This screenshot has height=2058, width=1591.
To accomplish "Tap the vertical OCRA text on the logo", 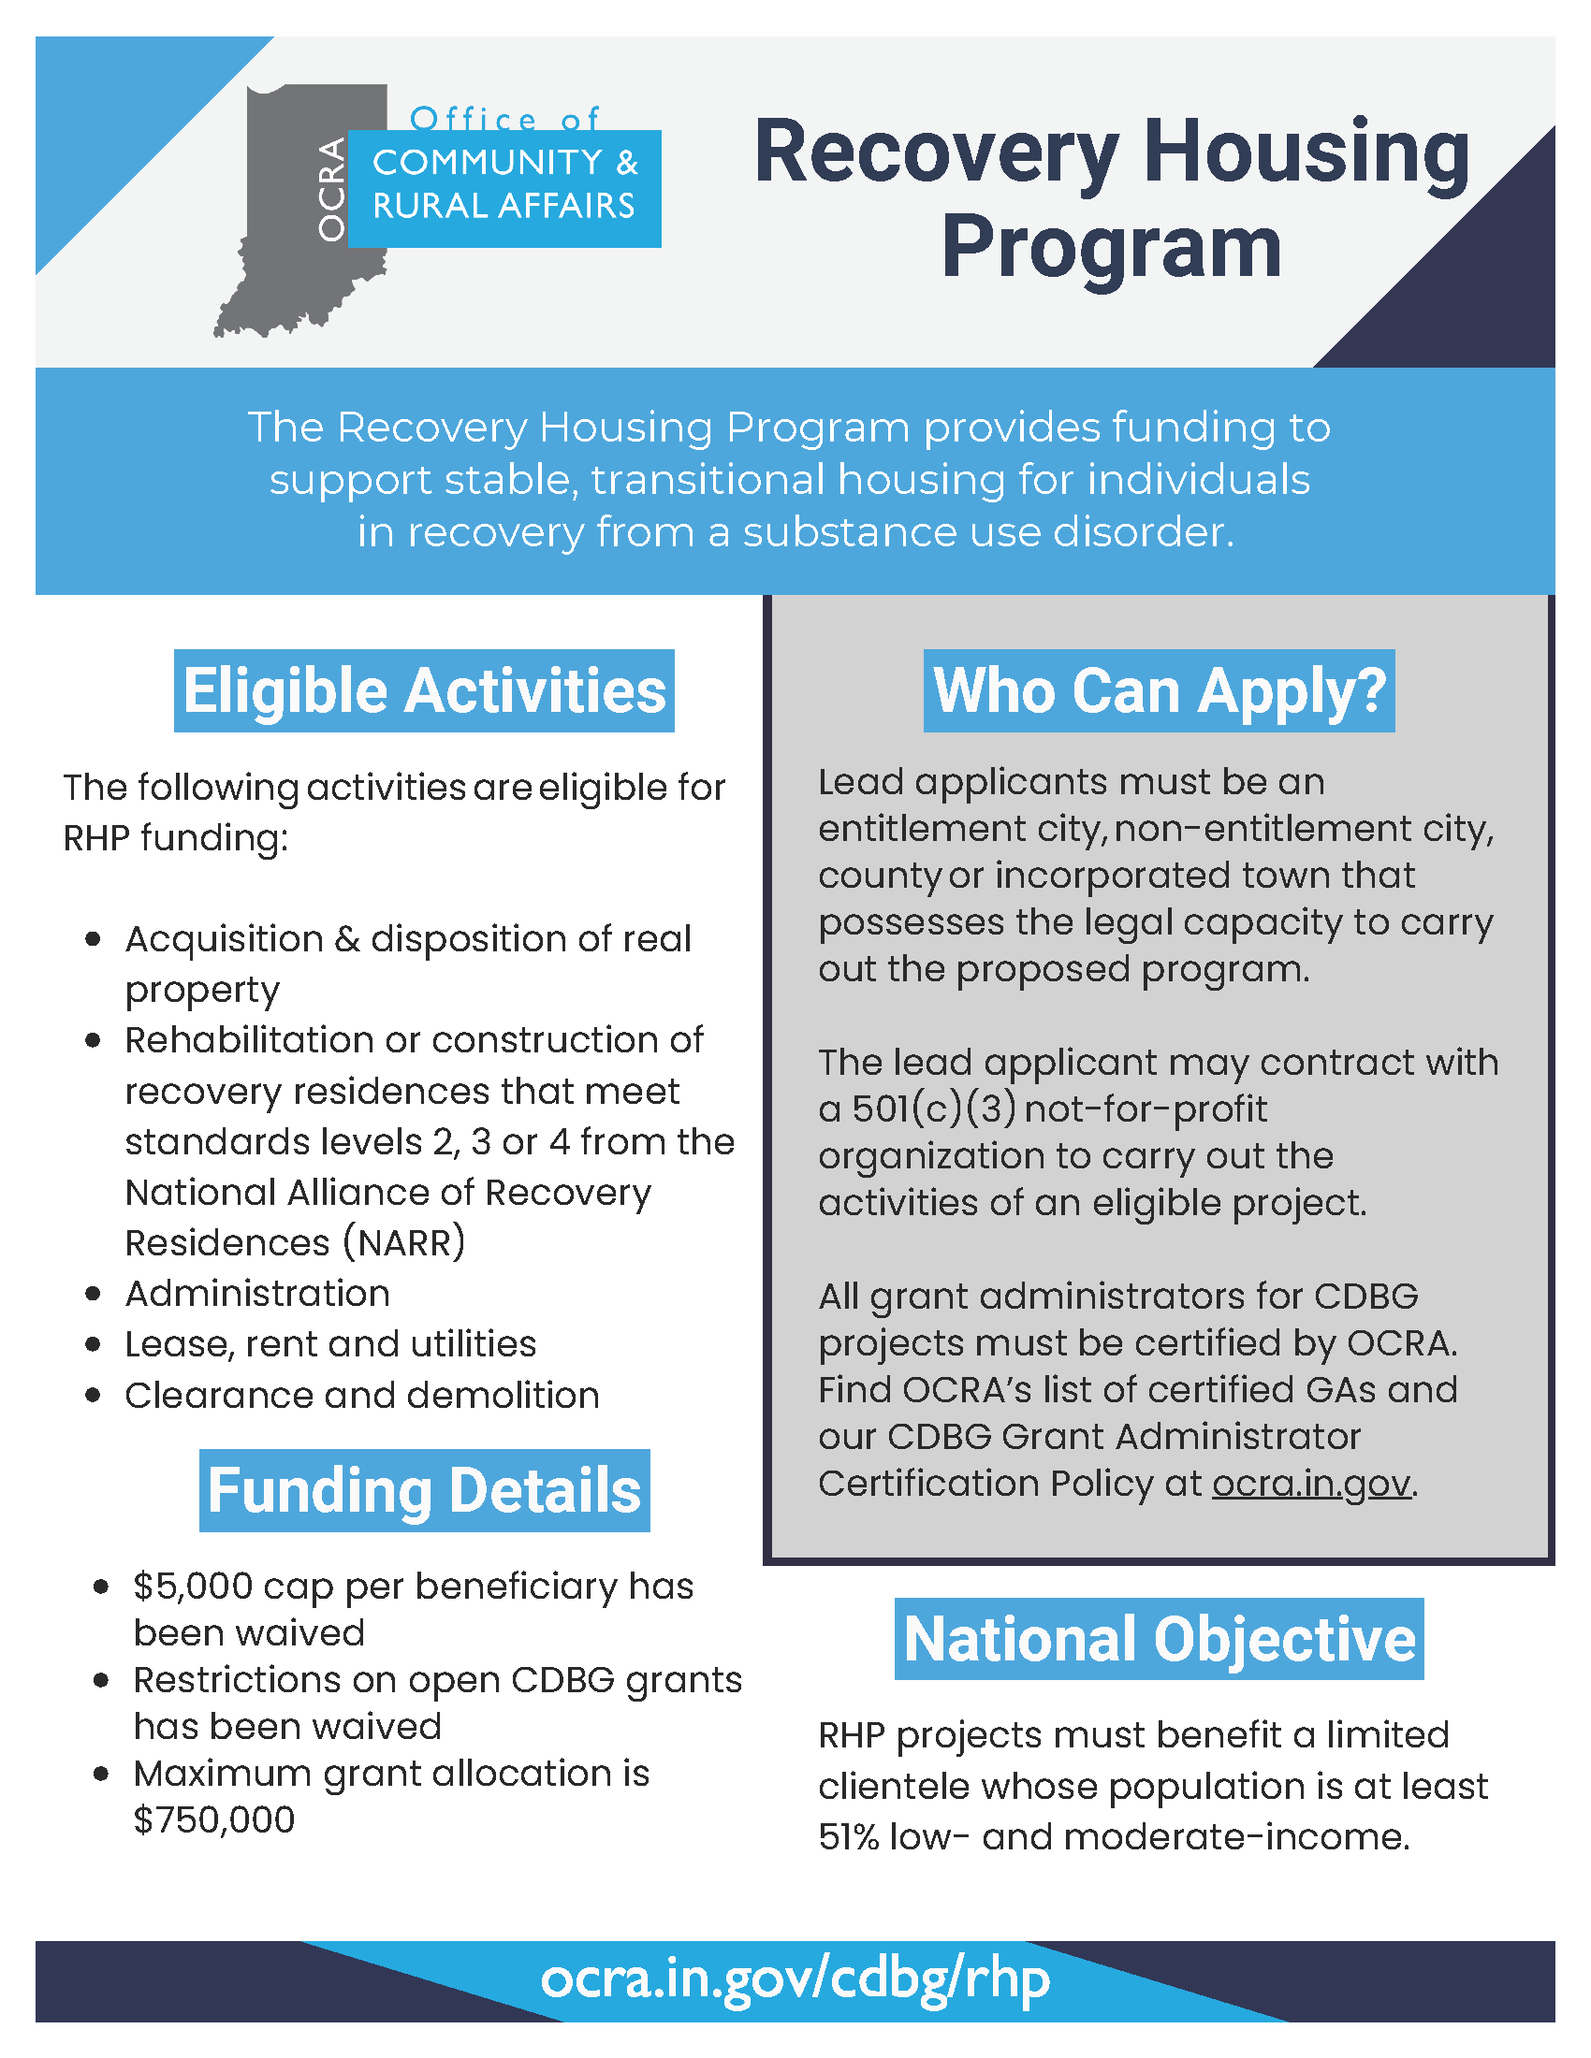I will [x=330, y=189].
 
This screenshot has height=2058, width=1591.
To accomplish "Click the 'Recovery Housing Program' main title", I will [x=1111, y=198].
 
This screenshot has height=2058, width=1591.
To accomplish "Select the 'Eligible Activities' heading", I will [x=424, y=690].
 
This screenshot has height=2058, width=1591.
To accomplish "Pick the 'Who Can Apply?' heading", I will [x=1159, y=690].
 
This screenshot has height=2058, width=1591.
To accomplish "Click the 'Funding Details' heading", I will [x=424, y=1491].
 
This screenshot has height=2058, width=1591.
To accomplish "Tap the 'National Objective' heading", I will [x=1159, y=1639].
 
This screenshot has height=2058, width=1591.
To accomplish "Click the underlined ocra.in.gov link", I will [x=1311, y=1484].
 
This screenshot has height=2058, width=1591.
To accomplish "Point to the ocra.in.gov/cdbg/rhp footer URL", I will [x=795, y=1978].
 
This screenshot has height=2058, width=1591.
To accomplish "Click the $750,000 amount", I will [x=215, y=1819].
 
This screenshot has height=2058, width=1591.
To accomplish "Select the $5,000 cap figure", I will [x=193, y=1586].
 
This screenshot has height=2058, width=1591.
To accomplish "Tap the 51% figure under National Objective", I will [x=848, y=1836].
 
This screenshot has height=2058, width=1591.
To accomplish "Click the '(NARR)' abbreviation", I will [x=404, y=1242].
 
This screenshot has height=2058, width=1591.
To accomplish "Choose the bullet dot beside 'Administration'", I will [x=93, y=1294].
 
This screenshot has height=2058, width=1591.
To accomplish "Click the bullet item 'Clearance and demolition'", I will [x=362, y=1395].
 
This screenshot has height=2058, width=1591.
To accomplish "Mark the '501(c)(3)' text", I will [x=934, y=1109].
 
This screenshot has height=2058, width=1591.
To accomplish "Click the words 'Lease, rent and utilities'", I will [x=329, y=1343].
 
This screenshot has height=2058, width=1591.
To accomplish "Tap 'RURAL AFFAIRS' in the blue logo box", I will [x=504, y=206].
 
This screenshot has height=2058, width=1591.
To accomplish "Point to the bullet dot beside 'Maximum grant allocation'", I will [x=101, y=1774].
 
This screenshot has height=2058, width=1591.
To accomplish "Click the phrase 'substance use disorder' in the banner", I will [x=986, y=532].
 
